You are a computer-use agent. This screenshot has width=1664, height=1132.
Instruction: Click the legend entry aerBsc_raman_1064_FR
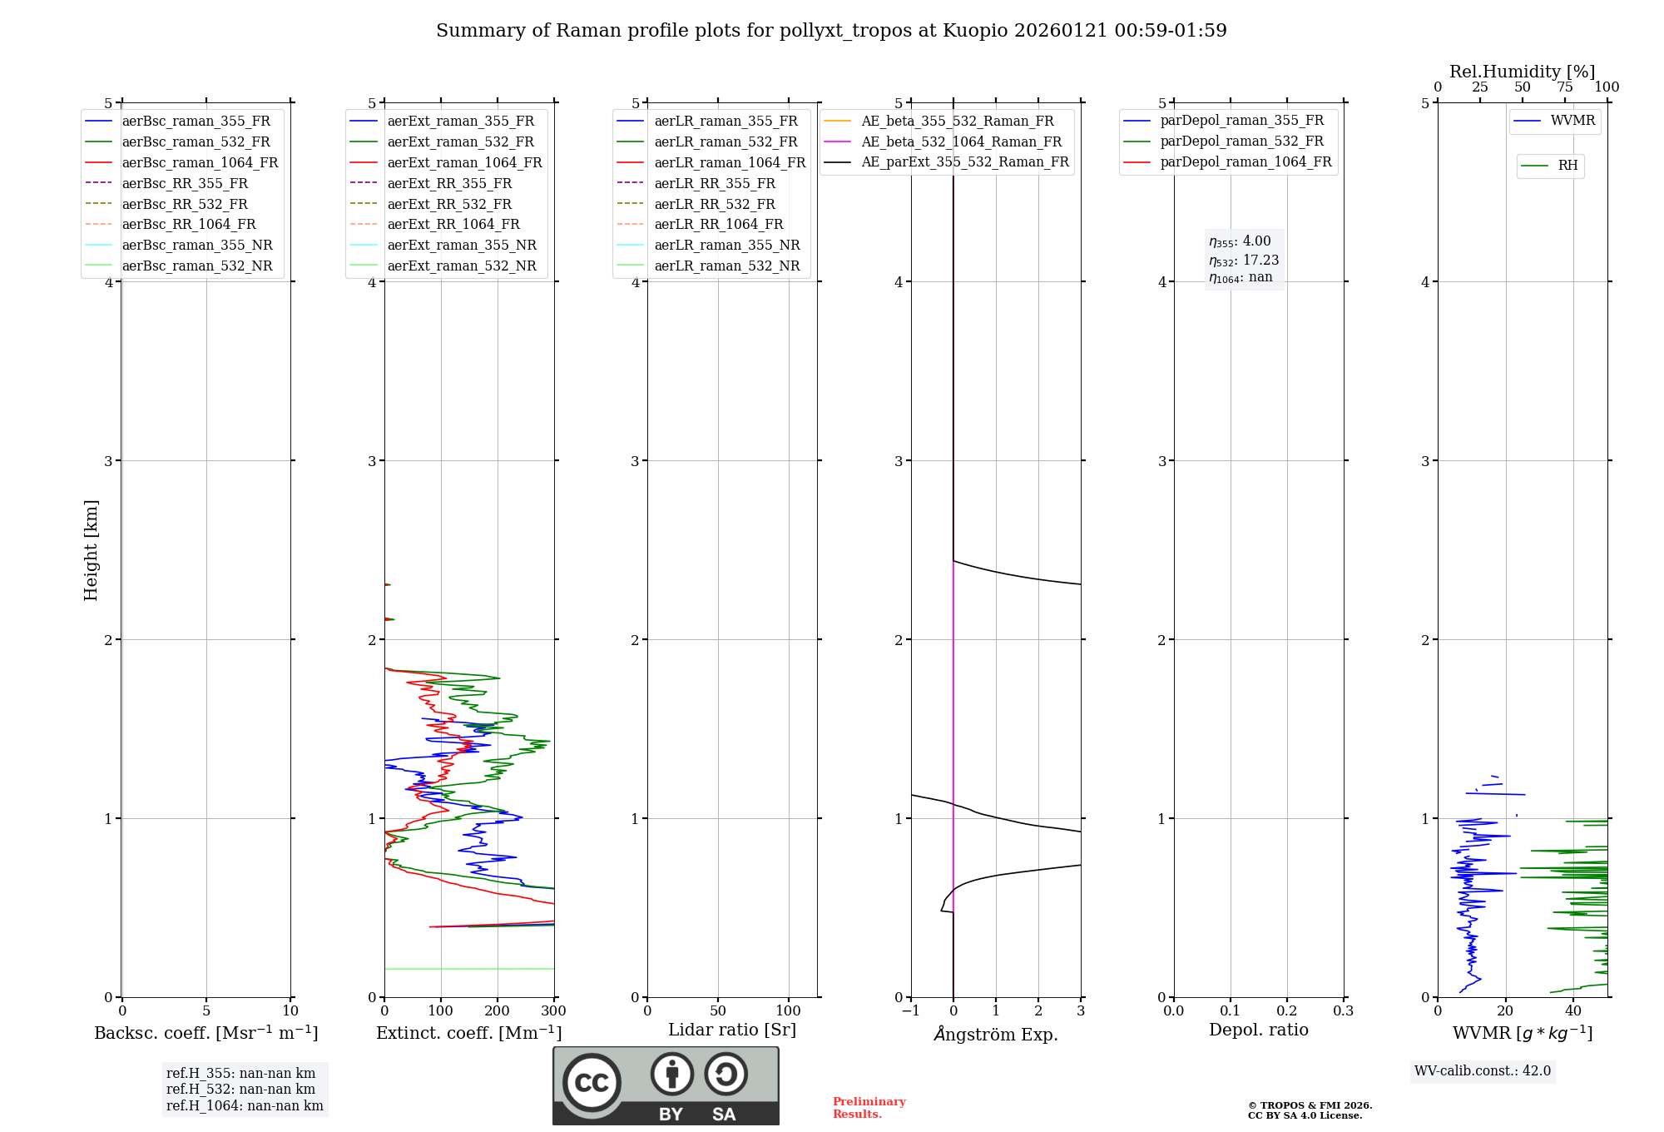click(x=200, y=162)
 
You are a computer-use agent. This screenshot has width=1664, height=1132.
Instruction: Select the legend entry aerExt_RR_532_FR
click(x=449, y=204)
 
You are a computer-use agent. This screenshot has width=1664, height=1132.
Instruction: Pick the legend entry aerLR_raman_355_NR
click(x=726, y=245)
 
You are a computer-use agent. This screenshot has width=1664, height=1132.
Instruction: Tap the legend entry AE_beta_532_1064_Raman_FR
click(x=961, y=141)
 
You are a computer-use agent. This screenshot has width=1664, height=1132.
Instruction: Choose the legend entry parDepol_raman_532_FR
click(x=1241, y=141)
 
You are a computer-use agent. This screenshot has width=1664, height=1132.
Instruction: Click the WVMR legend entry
click(x=1572, y=121)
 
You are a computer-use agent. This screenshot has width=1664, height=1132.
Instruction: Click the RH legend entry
click(x=1567, y=166)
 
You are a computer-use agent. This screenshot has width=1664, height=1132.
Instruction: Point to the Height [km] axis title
click(x=91, y=550)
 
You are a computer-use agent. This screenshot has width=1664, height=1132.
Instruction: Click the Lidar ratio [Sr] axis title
click(x=732, y=1030)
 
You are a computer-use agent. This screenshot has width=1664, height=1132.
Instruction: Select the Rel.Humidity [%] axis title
click(x=1522, y=72)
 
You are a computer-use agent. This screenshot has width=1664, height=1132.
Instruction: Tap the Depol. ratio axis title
click(x=1258, y=1030)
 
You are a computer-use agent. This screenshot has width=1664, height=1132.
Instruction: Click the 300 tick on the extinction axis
click(x=554, y=1010)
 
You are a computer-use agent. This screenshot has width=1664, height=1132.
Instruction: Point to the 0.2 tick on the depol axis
click(x=1287, y=1010)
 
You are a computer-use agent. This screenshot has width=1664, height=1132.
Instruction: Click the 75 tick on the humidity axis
click(x=1565, y=87)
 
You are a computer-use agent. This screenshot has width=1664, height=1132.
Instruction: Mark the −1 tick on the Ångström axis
click(x=911, y=1010)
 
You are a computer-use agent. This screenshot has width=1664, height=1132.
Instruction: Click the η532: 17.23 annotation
click(x=1244, y=260)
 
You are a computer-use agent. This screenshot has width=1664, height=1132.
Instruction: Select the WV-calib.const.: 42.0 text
click(x=1483, y=1070)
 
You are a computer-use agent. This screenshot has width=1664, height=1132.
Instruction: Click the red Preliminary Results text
click(x=869, y=1107)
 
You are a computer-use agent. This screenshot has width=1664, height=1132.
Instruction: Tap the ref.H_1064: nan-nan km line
click(x=245, y=1105)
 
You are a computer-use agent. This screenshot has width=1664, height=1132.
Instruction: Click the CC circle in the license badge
click(x=592, y=1082)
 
